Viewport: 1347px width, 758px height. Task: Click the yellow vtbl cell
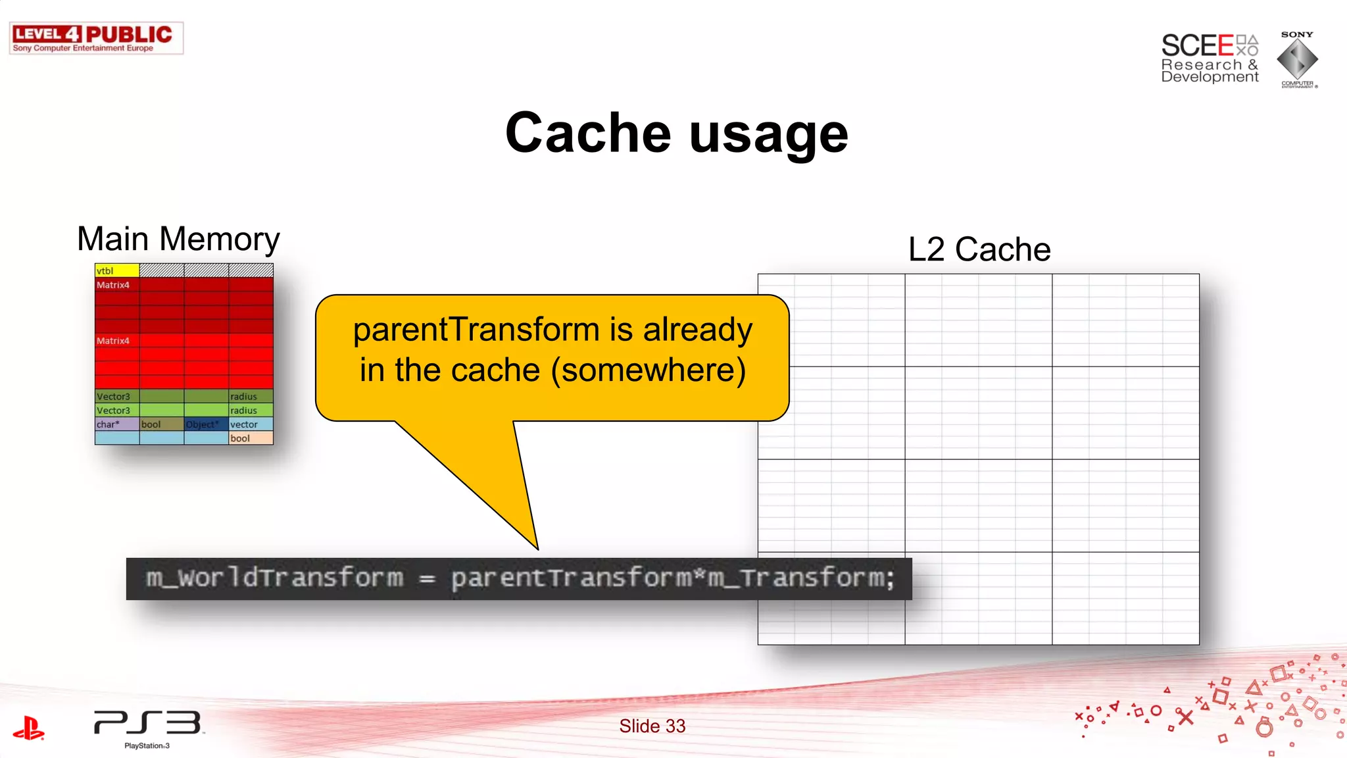[x=117, y=270]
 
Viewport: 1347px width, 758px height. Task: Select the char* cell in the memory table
[x=117, y=424]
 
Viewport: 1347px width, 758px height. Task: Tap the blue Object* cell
[x=206, y=424]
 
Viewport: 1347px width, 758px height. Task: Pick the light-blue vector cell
[x=251, y=424]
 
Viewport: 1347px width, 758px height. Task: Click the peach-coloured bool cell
[x=251, y=438]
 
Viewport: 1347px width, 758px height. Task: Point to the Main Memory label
[x=178, y=239]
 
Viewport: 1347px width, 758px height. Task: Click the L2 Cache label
[x=979, y=249]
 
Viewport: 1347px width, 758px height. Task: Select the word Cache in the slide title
[x=588, y=133]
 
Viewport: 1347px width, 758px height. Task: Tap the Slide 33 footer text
[x=652, y=726]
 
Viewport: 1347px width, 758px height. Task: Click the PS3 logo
[x=147, y=724]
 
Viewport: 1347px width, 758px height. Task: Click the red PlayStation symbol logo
[x=29, y=728]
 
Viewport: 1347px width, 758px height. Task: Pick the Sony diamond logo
[x=1297, y=59]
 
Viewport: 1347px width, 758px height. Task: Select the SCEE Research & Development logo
[x=1209, y=59]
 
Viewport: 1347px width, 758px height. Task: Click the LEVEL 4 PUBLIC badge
[x=96, y=38]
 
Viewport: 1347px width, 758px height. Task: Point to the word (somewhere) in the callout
[x=649, y=370]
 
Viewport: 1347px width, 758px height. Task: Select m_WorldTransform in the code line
[x=274, y=578]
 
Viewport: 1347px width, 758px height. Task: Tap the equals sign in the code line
[x=428, y=579]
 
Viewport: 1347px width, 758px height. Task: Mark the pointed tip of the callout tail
[x=537, y=549]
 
